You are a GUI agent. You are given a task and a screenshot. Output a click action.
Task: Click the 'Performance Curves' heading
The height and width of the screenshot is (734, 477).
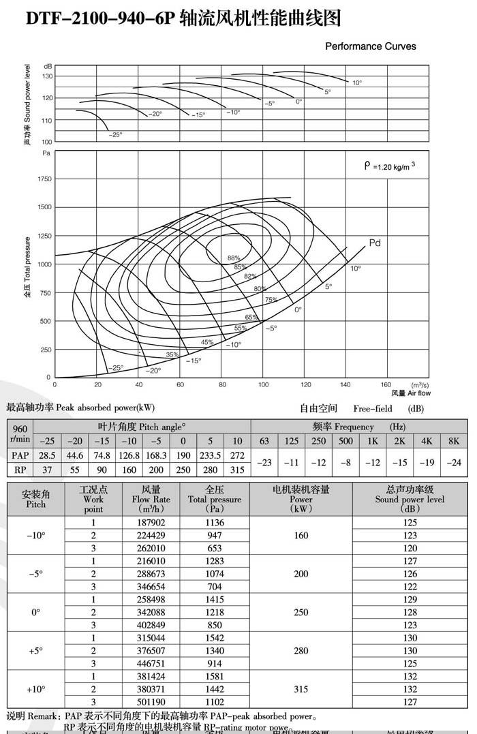(x=370, y=46)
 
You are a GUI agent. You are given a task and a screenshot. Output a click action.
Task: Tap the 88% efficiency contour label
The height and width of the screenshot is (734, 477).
(x=234, y=258)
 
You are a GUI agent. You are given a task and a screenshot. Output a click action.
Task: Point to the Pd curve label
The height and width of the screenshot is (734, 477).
(x=375, y=243)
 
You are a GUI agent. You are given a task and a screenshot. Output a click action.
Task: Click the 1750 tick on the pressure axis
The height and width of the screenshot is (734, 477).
(x=44, y=179)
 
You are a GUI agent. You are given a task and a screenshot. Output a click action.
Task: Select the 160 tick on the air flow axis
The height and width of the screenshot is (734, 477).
(x=386, y=385)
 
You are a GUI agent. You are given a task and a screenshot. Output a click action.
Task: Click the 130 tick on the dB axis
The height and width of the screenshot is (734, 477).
(x=48, y=76)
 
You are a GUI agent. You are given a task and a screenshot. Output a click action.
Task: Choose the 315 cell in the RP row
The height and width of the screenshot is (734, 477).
(x=236, y=470)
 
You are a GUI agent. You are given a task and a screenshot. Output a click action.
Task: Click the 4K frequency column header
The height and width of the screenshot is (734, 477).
(x=427, y=441)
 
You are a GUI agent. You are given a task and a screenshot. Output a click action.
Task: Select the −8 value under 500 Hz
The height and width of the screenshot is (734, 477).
(x=345, y=462)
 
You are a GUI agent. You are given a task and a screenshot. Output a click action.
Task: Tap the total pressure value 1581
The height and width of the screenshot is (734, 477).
(x=215, y=677)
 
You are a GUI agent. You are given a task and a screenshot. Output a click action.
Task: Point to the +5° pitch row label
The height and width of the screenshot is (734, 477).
(x=36, y=651)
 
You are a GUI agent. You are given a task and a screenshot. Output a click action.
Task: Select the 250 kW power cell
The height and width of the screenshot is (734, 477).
(x=301, y=612)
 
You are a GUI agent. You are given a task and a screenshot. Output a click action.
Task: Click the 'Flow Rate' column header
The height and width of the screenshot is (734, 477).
(x=151, y=499)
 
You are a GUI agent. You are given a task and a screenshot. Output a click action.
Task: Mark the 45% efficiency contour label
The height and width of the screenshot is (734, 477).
(x=207, y=342)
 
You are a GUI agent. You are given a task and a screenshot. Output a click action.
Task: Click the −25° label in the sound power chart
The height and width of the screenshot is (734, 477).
(x=116, y=135)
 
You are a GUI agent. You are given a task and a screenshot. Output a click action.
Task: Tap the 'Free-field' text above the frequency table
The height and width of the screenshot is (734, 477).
(x=373, y=409)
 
